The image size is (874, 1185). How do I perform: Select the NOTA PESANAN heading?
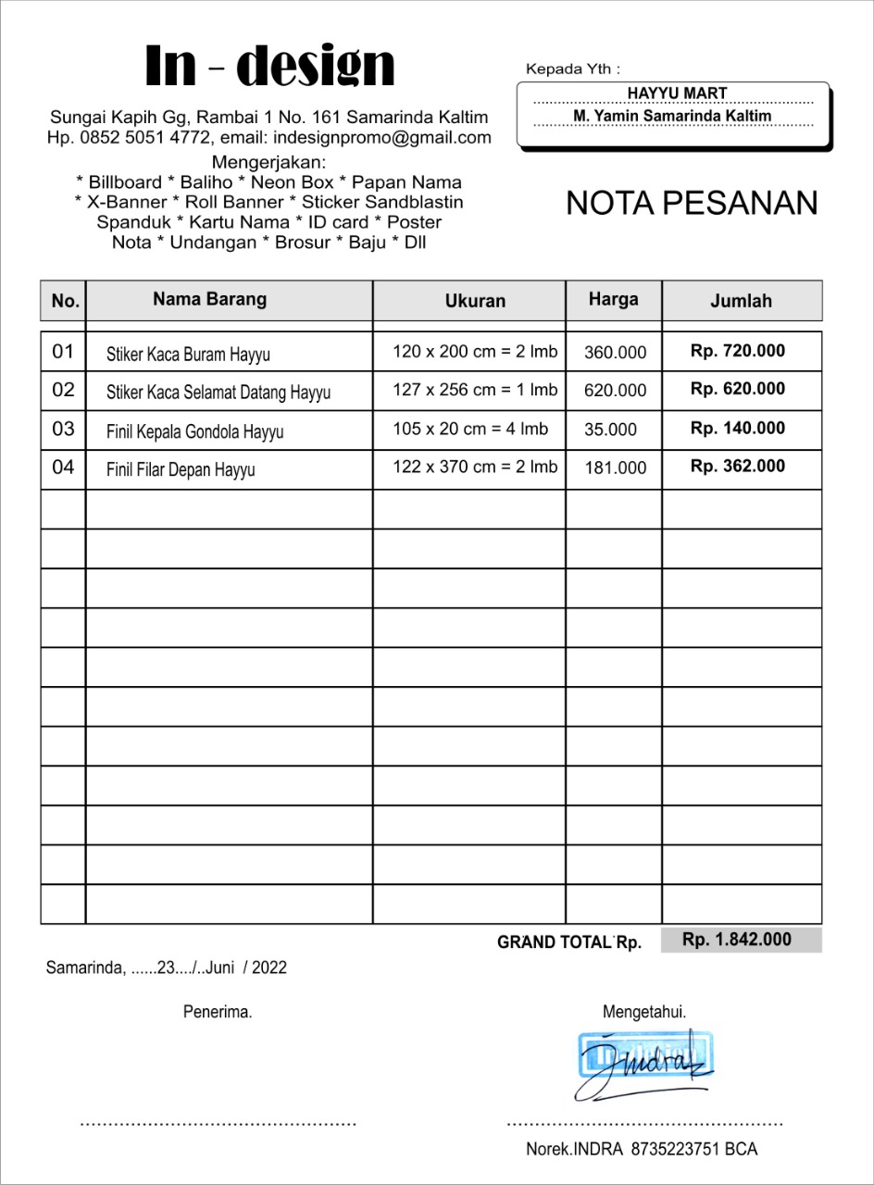692,204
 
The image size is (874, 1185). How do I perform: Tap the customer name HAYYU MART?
677,94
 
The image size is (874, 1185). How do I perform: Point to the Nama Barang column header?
209,299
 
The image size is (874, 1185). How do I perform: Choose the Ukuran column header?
475,301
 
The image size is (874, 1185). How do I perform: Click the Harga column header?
613,299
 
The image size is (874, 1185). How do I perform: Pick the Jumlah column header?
741,301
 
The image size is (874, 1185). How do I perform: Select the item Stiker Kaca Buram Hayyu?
188,354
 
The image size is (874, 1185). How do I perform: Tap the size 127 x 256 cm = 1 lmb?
475,390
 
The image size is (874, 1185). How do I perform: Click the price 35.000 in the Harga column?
610,430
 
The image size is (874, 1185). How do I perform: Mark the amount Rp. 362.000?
737,466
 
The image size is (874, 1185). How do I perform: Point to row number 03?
63,429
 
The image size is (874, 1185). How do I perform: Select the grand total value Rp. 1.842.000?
737,940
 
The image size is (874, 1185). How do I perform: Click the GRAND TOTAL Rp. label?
568,942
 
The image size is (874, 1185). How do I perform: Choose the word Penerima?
218,1012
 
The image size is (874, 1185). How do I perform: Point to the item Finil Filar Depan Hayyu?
181,469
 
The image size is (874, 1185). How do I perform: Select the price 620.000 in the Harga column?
615,391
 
